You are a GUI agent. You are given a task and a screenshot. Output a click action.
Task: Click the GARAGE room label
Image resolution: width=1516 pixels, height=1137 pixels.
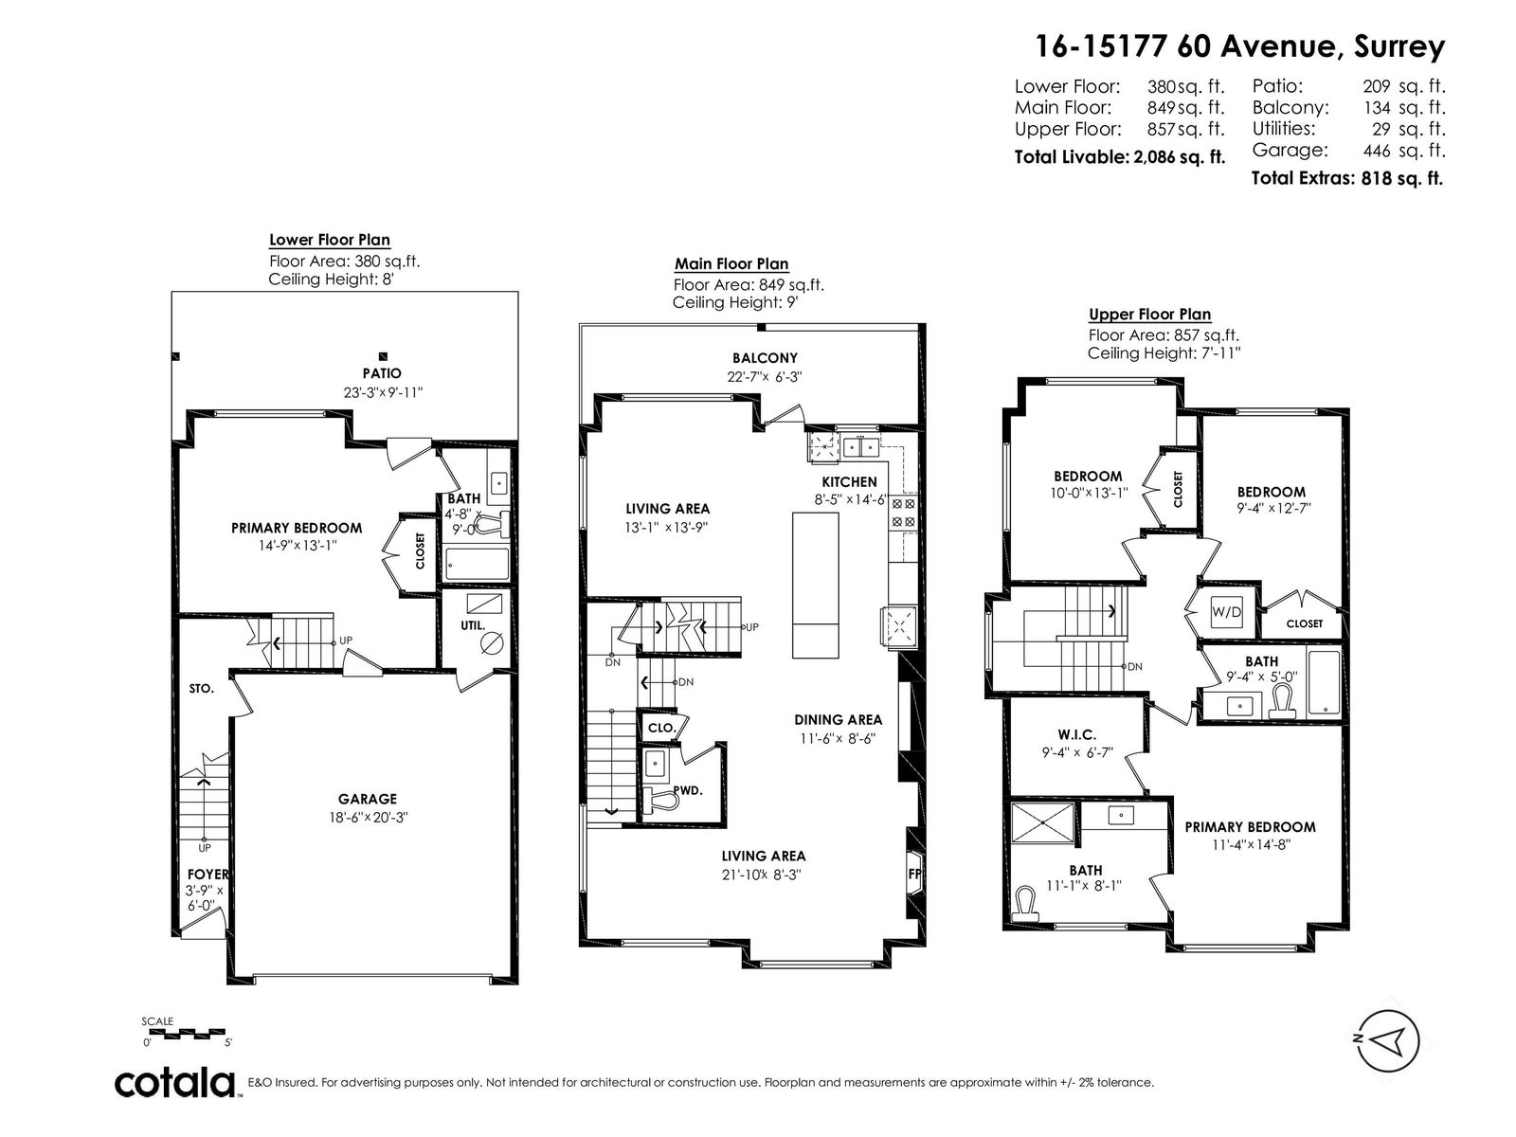pyautogui.click(x=367, y=799)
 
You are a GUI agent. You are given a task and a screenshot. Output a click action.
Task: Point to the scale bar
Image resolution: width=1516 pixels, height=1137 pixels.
pyautogui.click(x=188, y=1034)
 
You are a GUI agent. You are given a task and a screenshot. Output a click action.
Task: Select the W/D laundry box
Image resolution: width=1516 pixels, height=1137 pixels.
pyautogui.click(x=1227, y=612)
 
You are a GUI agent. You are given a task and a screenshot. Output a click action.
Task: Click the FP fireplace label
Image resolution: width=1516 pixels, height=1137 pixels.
pyautogui.click(x=914, y=874)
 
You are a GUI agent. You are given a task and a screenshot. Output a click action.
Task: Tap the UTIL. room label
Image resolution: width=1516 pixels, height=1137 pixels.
pyautogui.click(x=473, y=625)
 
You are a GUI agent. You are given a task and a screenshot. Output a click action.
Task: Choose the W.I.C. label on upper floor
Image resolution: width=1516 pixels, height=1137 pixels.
pyautogui.click(x=1076, y=735)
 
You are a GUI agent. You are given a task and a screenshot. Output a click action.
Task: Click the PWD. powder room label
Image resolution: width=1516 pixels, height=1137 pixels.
pyautogui.click(x=688, y=791)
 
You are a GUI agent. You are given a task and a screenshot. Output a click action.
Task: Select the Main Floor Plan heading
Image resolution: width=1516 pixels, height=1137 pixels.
pyautogui.click(x=731, y=263)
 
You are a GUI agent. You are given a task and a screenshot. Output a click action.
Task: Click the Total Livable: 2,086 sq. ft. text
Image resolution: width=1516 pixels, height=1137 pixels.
pyautogui.click(x=1120, y=157)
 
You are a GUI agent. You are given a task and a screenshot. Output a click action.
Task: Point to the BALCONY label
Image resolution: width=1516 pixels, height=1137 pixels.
pyautogui.click(x=765, y=358)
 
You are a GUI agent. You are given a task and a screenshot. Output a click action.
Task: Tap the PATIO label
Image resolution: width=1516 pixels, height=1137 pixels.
pyautogui.click(x=382, y=373)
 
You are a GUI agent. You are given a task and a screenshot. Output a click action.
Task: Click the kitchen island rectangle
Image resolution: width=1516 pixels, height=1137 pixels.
pyautogui.click(x=816, y=585)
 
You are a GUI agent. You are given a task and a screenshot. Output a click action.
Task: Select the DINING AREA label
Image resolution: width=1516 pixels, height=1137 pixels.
pyautogui.click(x=838, y=720)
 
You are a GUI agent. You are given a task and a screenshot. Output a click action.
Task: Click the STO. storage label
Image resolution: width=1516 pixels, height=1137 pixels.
pyautogui.click(x=202, y=688)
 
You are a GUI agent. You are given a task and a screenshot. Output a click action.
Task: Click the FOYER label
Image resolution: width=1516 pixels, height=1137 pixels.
pyautogui.click(x=208, y=875)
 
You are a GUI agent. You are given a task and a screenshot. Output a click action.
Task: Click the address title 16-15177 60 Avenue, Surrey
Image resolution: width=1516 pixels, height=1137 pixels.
pyautogui.click(x=1239, y=47)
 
